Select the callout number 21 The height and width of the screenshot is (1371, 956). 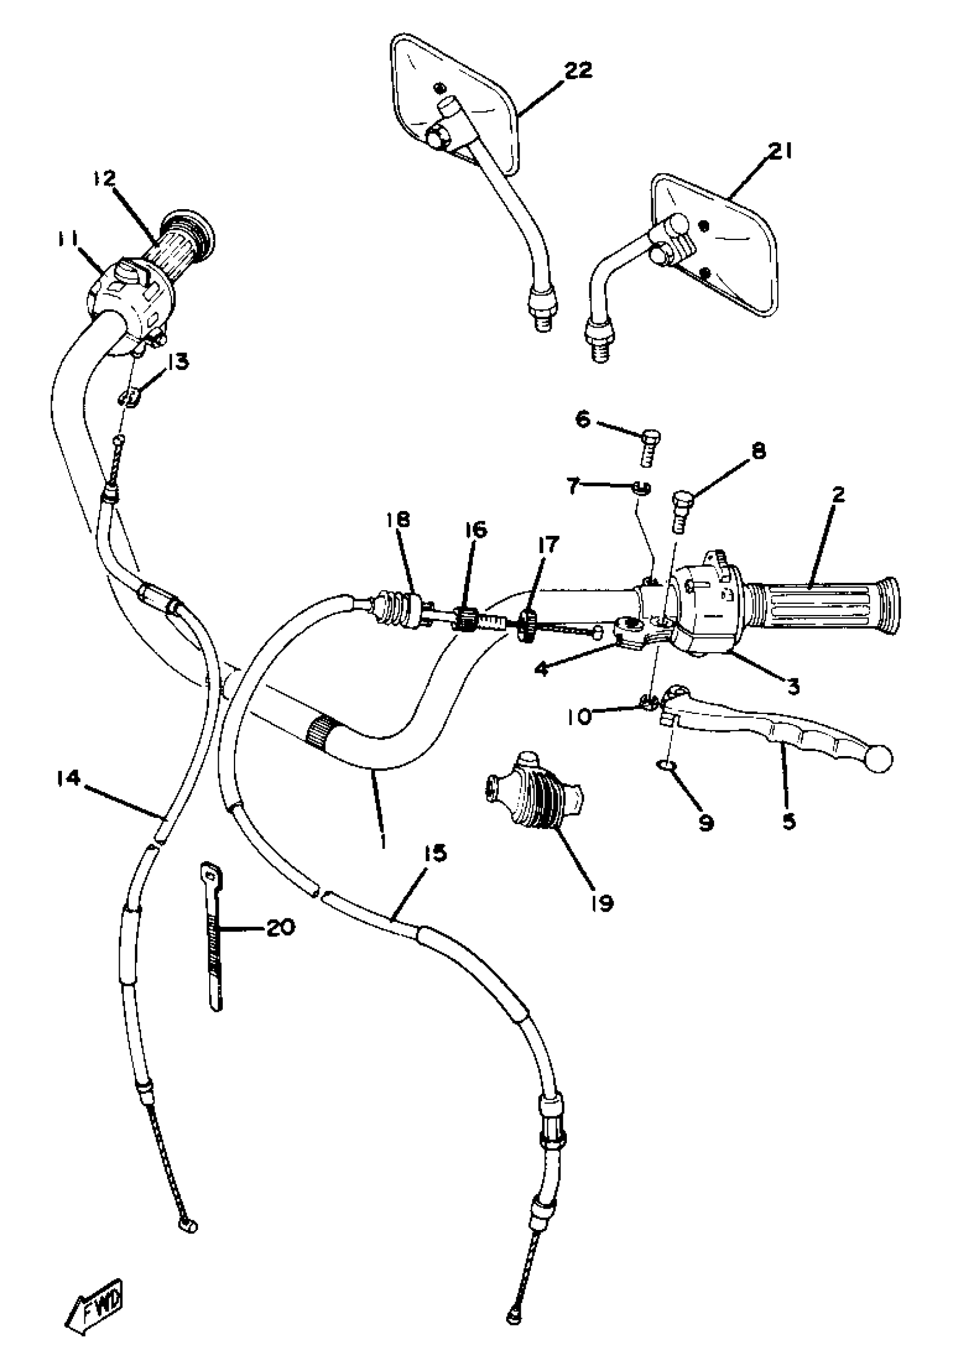tap(780, 152)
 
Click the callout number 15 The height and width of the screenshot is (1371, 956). tap(436, 854)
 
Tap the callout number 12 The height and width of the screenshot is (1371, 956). tap(105, 179)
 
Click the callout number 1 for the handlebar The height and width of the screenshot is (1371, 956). tap(382, 841)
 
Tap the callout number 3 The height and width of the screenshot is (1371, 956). tap(792, 687)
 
